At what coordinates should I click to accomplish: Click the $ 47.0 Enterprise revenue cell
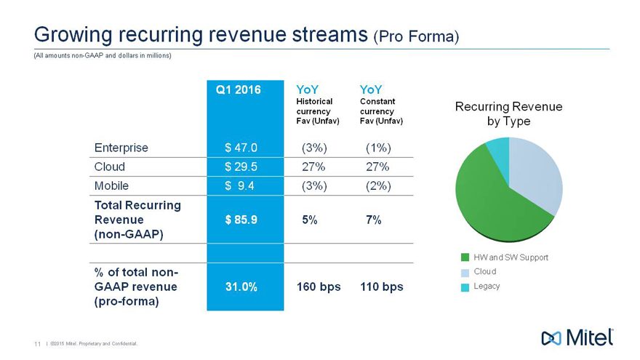[x=241, y=148]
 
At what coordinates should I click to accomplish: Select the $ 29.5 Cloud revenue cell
[x=241, y=167]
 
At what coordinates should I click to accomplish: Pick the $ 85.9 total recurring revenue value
[x=241, y=220]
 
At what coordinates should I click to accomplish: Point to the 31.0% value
[x=241, y=287]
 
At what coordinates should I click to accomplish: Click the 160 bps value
[x=319, y=287]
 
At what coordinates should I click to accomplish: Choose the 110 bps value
[x=382, y=287]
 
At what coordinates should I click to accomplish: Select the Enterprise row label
[x=121, y=148]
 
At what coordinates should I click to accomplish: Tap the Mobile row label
[x=111, y=185]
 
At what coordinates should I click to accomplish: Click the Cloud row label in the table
[x=110, y=167]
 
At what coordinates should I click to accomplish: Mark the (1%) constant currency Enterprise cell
[x=378, y=148]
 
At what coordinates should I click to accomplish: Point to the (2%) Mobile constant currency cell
[x=378, y=185]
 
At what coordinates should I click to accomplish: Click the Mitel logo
[x=577, y=337]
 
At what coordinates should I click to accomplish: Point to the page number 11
[x=36, y=344]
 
